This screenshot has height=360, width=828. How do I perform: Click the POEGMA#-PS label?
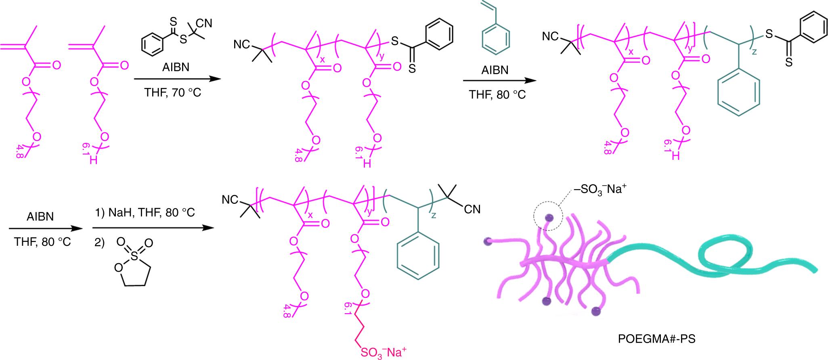pyautogui.click(x=656, y=339)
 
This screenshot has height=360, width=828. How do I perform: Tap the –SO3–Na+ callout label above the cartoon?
pyautogui.click(x=600, y=189)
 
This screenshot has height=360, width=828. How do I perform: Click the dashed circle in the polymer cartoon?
pyautogui.click(x=548, y=216)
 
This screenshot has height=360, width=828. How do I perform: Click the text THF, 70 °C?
pyautogui.click(x=172, y=93)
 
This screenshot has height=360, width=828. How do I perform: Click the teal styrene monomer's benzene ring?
pyautogui.click(x=496, y=39)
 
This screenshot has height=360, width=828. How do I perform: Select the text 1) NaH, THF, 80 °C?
pyautogui.click(x=145, y=212)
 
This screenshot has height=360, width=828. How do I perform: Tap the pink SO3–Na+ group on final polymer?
pyautogui.click(x=383, y=352)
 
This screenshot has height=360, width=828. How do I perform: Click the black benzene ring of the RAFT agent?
pyautogui.click(x=153, y=44)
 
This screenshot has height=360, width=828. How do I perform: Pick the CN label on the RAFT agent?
pyautogui.click(x=204, y=23)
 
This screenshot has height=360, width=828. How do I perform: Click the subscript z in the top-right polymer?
pyautogui.click(x=754, y=52)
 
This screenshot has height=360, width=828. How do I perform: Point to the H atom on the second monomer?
pyautogui.click(x=94, y=160)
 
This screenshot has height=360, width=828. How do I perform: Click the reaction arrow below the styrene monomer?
pyautogui.click(x=499, y=81)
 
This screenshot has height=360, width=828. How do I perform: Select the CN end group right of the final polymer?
pyautogui.click(x=472, y=209)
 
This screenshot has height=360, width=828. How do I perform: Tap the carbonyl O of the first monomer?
pyautogui.click(x=57, y=65)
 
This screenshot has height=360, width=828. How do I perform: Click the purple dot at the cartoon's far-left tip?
pyautogui.click(x=488, y=242)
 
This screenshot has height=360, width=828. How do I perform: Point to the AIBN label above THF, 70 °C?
pyautogui.click(x=176, y=67)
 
